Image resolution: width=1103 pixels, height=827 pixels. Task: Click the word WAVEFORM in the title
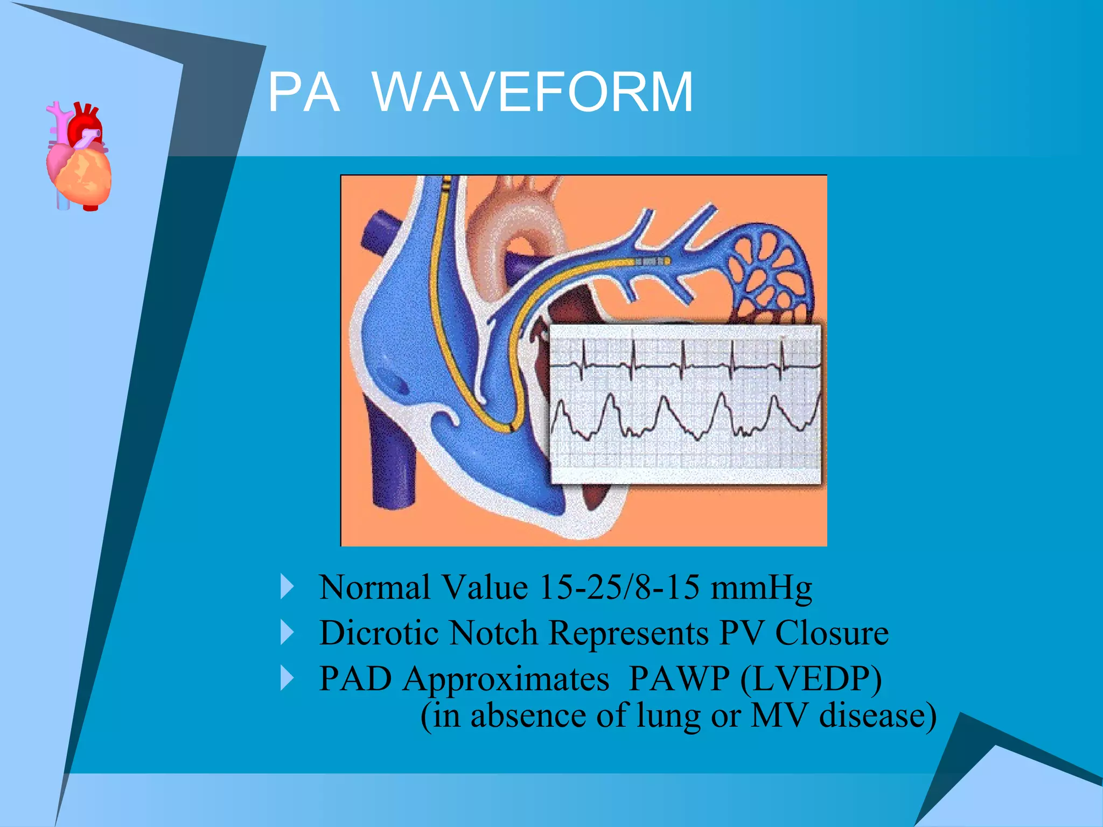pyautogui.click(x=532, y=93)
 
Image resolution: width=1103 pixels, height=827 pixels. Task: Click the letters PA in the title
pyautogui.click(x=304, y=93)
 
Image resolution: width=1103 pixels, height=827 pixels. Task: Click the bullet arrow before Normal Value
pyautogui.click(x=288, y=587)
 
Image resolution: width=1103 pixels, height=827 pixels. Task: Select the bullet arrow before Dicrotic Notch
pyautogui.click(x=288, y=633)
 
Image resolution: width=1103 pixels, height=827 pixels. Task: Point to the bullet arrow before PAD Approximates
pyautogui.click(x=288, y=678)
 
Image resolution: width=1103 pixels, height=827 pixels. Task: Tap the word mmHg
pyautogui.click(x=760, y=588)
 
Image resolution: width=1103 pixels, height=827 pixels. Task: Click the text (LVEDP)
pyautogui.click(x=811, y=679)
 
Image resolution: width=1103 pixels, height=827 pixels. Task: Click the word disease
pyautogui.click(x=877, y=716)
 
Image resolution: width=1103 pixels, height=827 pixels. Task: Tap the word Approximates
pyautogui.click(x=506, y=679)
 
